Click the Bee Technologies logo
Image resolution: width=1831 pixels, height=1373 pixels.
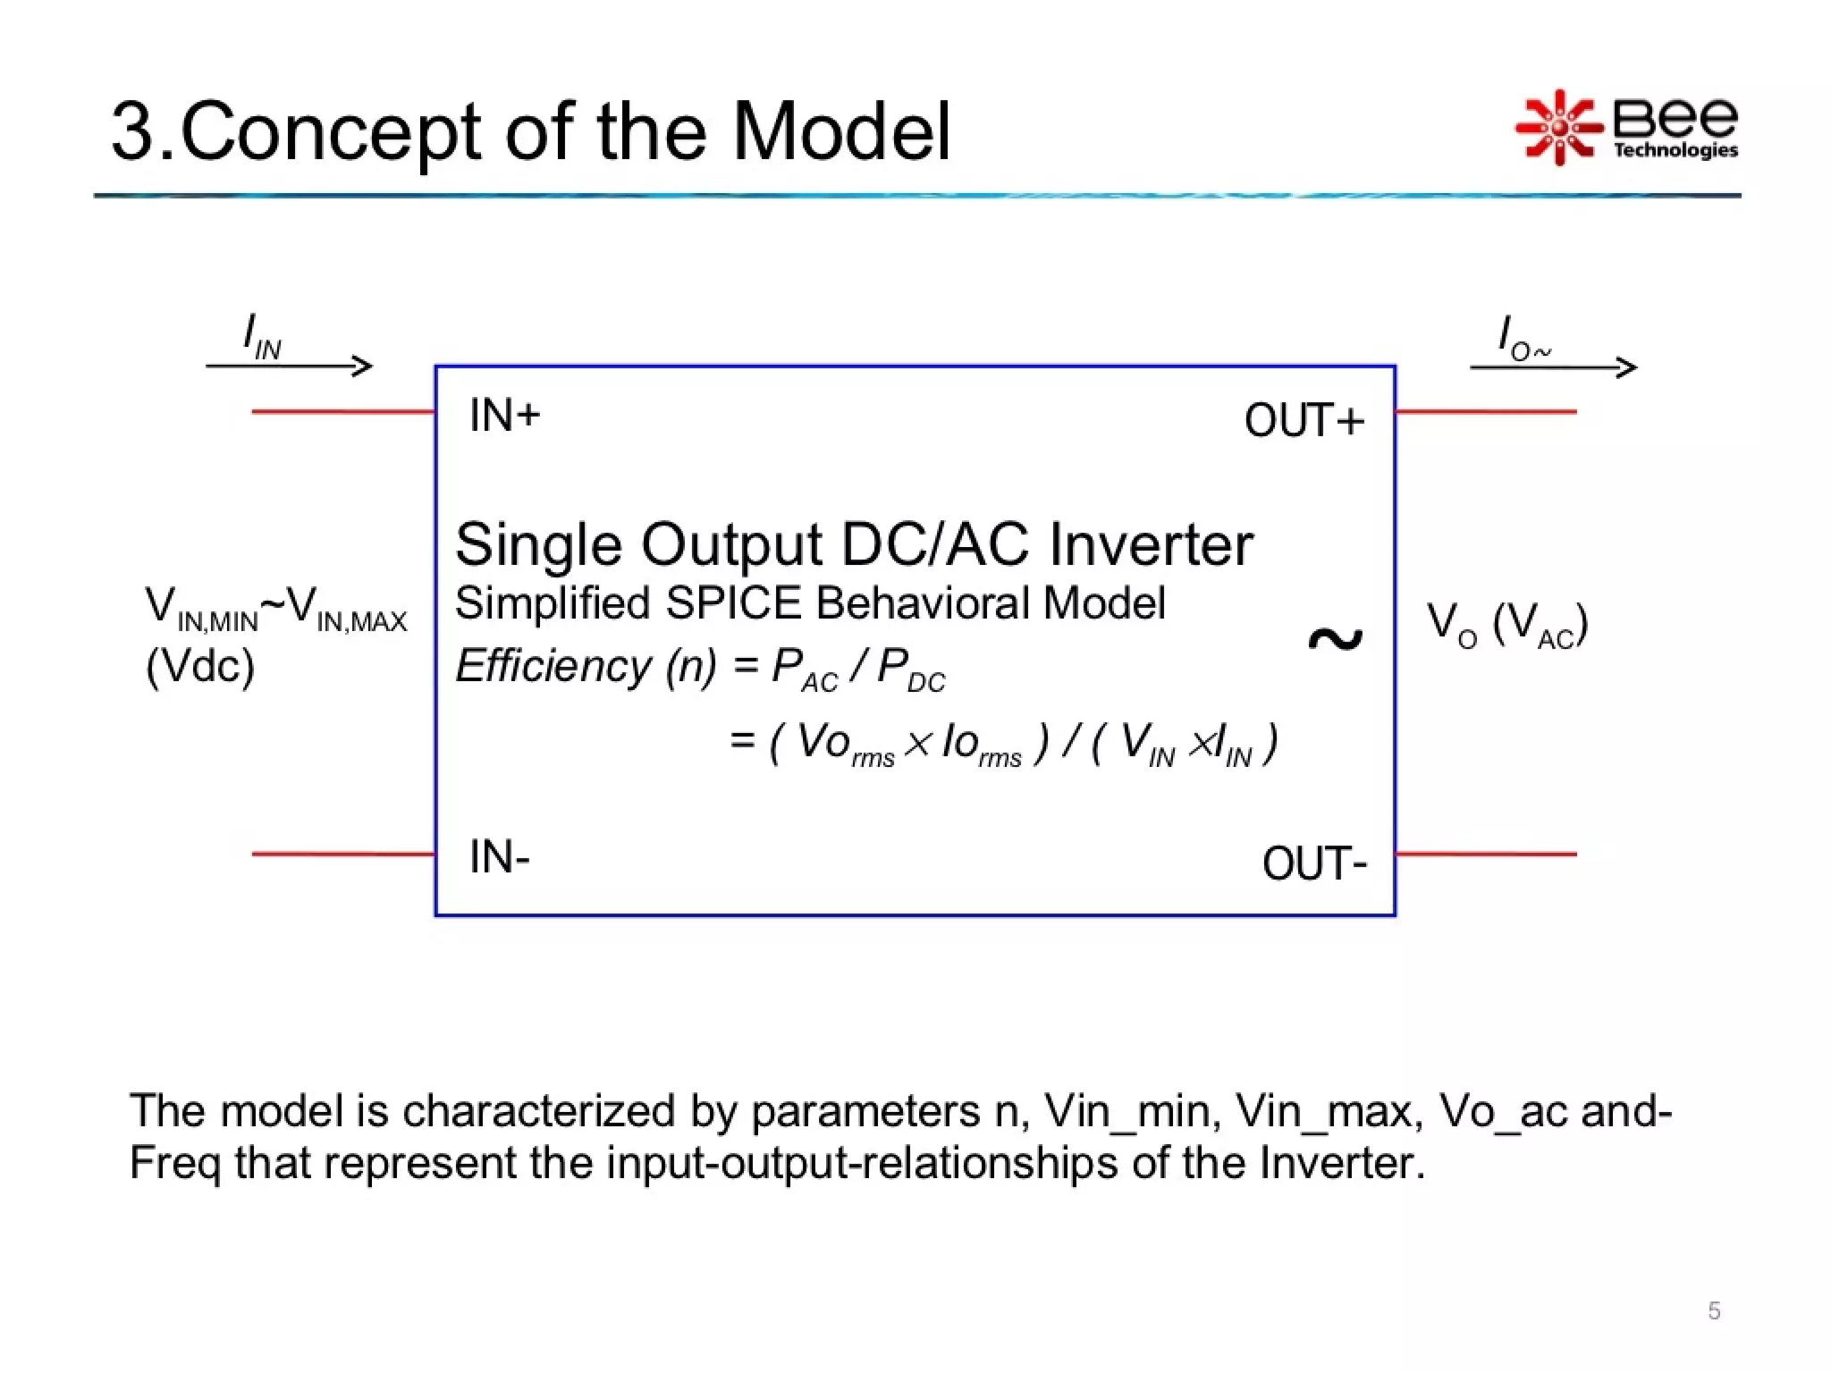1625,128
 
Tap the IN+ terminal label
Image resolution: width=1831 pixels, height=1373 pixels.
505,416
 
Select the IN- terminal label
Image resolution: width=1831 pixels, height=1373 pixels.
500,857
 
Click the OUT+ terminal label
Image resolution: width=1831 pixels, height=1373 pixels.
1304,421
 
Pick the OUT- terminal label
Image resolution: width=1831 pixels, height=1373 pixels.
1314,864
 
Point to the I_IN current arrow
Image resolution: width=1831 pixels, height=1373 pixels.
289,366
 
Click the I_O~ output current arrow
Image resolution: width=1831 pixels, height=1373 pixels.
1553,366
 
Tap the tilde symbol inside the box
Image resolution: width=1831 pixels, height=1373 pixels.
1335,639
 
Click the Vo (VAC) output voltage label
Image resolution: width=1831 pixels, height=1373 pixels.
1506,624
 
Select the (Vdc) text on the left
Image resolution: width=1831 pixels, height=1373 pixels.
200,666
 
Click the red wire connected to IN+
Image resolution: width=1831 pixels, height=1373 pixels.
342,412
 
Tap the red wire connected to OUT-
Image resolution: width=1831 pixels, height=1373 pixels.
1486,855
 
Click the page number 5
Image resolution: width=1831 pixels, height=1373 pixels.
1714,1310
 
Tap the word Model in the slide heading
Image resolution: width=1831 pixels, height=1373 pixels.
841,131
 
